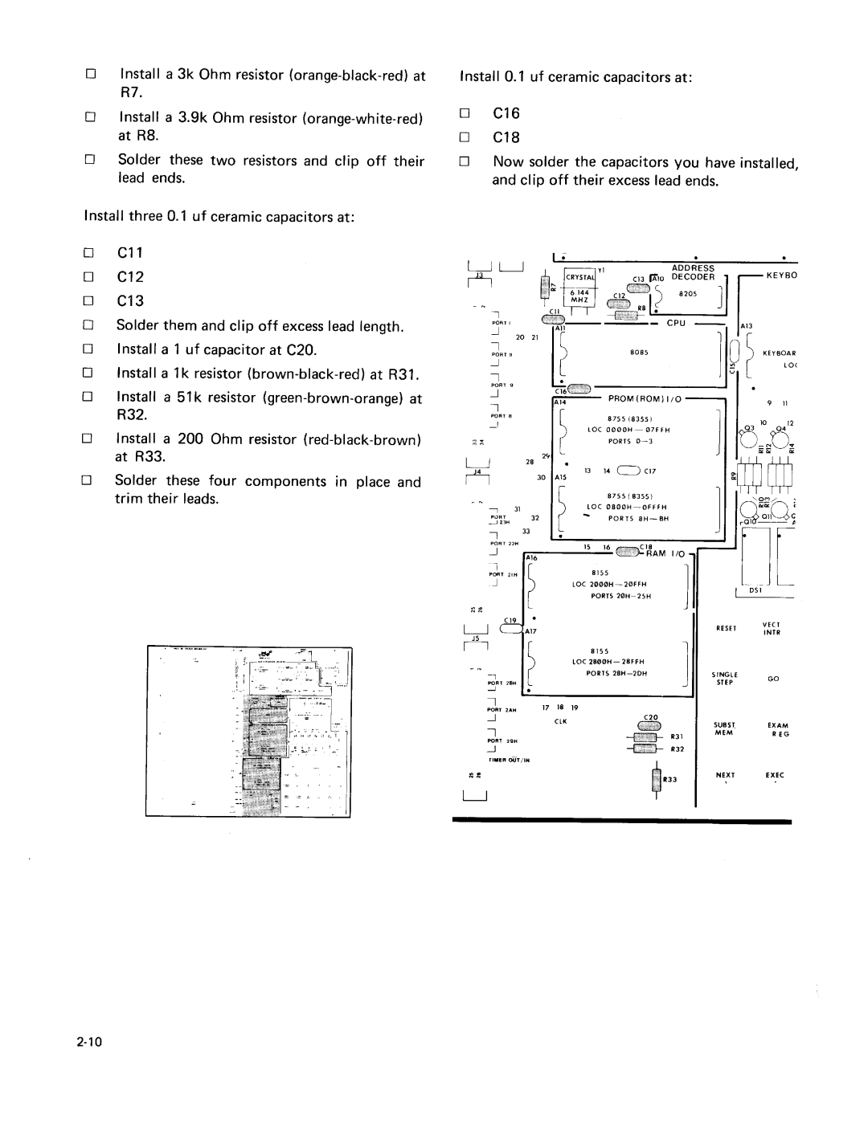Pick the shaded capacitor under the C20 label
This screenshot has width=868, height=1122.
coord(648,726)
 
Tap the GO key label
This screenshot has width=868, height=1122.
coord(774,679)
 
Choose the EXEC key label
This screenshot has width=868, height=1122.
coord(775,775)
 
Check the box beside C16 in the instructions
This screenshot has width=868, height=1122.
coord(464,114)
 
